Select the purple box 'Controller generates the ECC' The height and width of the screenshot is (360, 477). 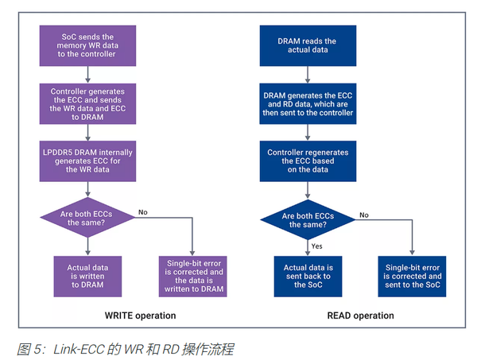[x=87, y=103]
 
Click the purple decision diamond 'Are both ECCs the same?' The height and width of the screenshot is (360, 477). [x=87, y=217]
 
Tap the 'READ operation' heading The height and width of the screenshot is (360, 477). [x=360, y=315]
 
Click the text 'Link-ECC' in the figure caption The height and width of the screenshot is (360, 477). [x=76, y=348]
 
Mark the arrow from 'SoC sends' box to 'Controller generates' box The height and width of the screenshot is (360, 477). [x=87, y=73]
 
